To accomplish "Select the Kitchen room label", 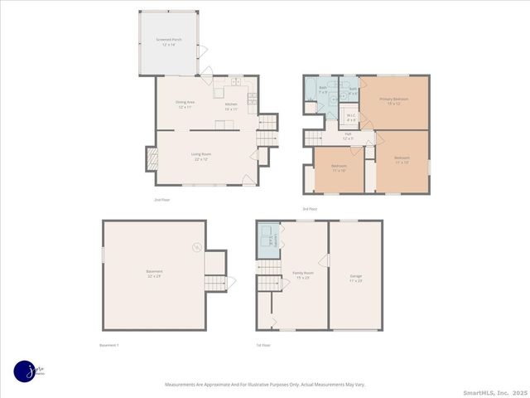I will point(231,105).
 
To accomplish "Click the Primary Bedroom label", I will point(395,101).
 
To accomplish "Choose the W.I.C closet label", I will point(351,118).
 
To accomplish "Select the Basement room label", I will point(154,274).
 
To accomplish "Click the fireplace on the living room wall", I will point(152,158).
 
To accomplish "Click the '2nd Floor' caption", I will point(161,200).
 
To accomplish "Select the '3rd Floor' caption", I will point(310,208).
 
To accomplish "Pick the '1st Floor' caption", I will point(263,345).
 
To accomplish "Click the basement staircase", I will point(214,283).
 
